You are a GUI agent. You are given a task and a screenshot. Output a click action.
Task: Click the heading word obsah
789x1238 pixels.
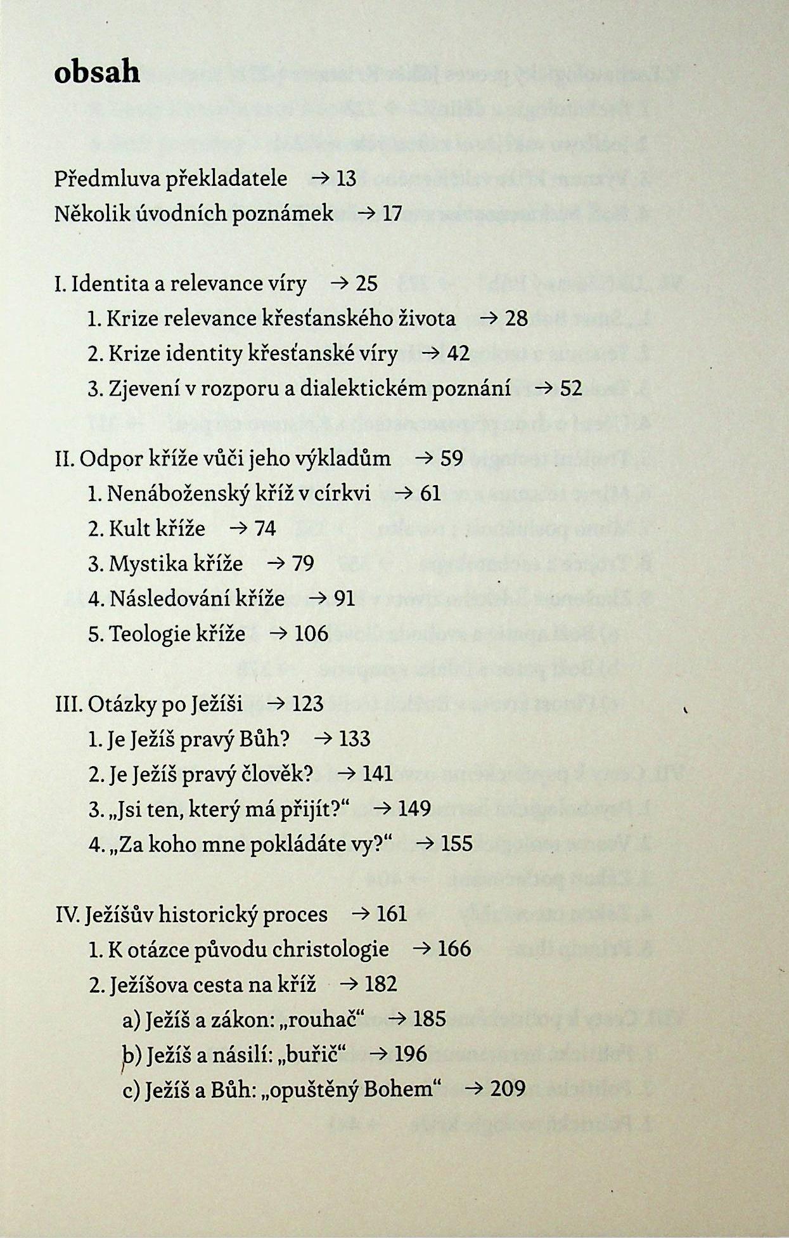point(97,72)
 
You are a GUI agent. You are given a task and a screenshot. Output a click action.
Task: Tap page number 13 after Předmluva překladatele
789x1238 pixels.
point(347,179)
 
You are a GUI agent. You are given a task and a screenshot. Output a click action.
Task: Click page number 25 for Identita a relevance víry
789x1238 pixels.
point(366,283)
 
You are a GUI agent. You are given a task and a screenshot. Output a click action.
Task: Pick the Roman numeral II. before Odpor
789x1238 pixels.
point(65,459)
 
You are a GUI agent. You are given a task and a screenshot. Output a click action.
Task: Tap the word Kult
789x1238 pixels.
point(129,528)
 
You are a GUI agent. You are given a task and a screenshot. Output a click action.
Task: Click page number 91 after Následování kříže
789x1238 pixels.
point(344,598)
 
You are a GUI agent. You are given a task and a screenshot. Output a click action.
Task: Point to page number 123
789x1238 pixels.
point(308,703)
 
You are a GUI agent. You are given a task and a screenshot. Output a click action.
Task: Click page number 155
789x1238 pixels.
point(457,844)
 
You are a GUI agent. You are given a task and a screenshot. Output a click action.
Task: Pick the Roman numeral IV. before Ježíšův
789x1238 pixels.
point(68,915)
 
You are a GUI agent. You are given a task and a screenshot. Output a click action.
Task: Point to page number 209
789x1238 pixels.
point(508,1089)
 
